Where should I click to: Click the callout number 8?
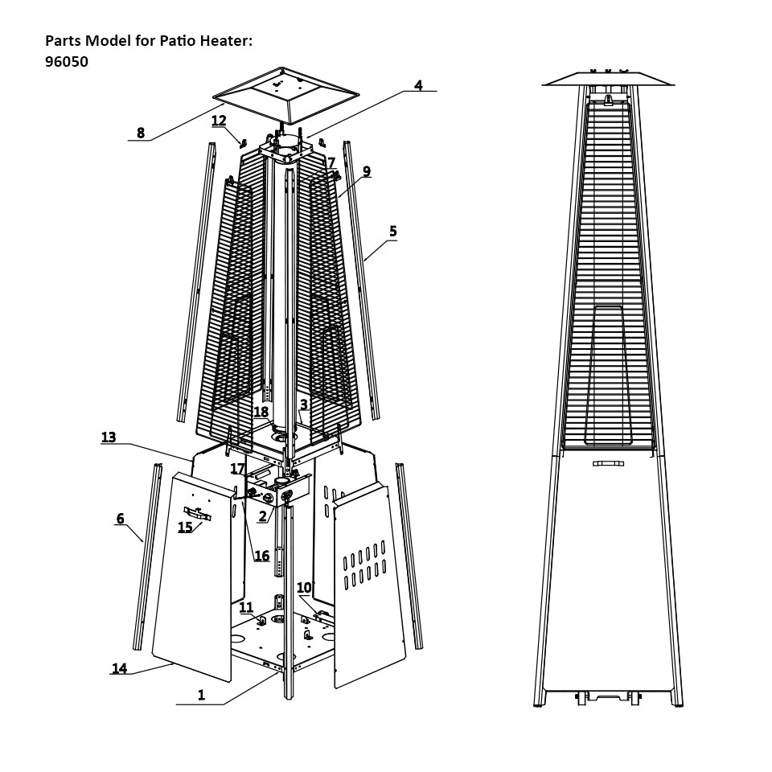[x=141, y=133]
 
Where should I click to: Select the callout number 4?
[x=418, y=85]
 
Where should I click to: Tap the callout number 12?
[x=219, y=121]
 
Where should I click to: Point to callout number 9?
[x=367, y=171]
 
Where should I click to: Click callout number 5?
[x=392, y=232]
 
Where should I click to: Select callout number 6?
[x=121, y=519]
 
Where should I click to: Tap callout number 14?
[x=119, y=668]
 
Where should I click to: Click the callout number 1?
[x=201, y=696]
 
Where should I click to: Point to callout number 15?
[x=185, y=528]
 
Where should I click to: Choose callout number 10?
[x=304, y=588]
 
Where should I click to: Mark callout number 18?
[x=261, y=413]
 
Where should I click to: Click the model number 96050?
[x=67, y=61]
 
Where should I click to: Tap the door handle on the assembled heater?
[x=608, y=463]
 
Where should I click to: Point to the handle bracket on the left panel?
[x=197, y=513]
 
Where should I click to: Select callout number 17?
[x=237, y=469]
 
